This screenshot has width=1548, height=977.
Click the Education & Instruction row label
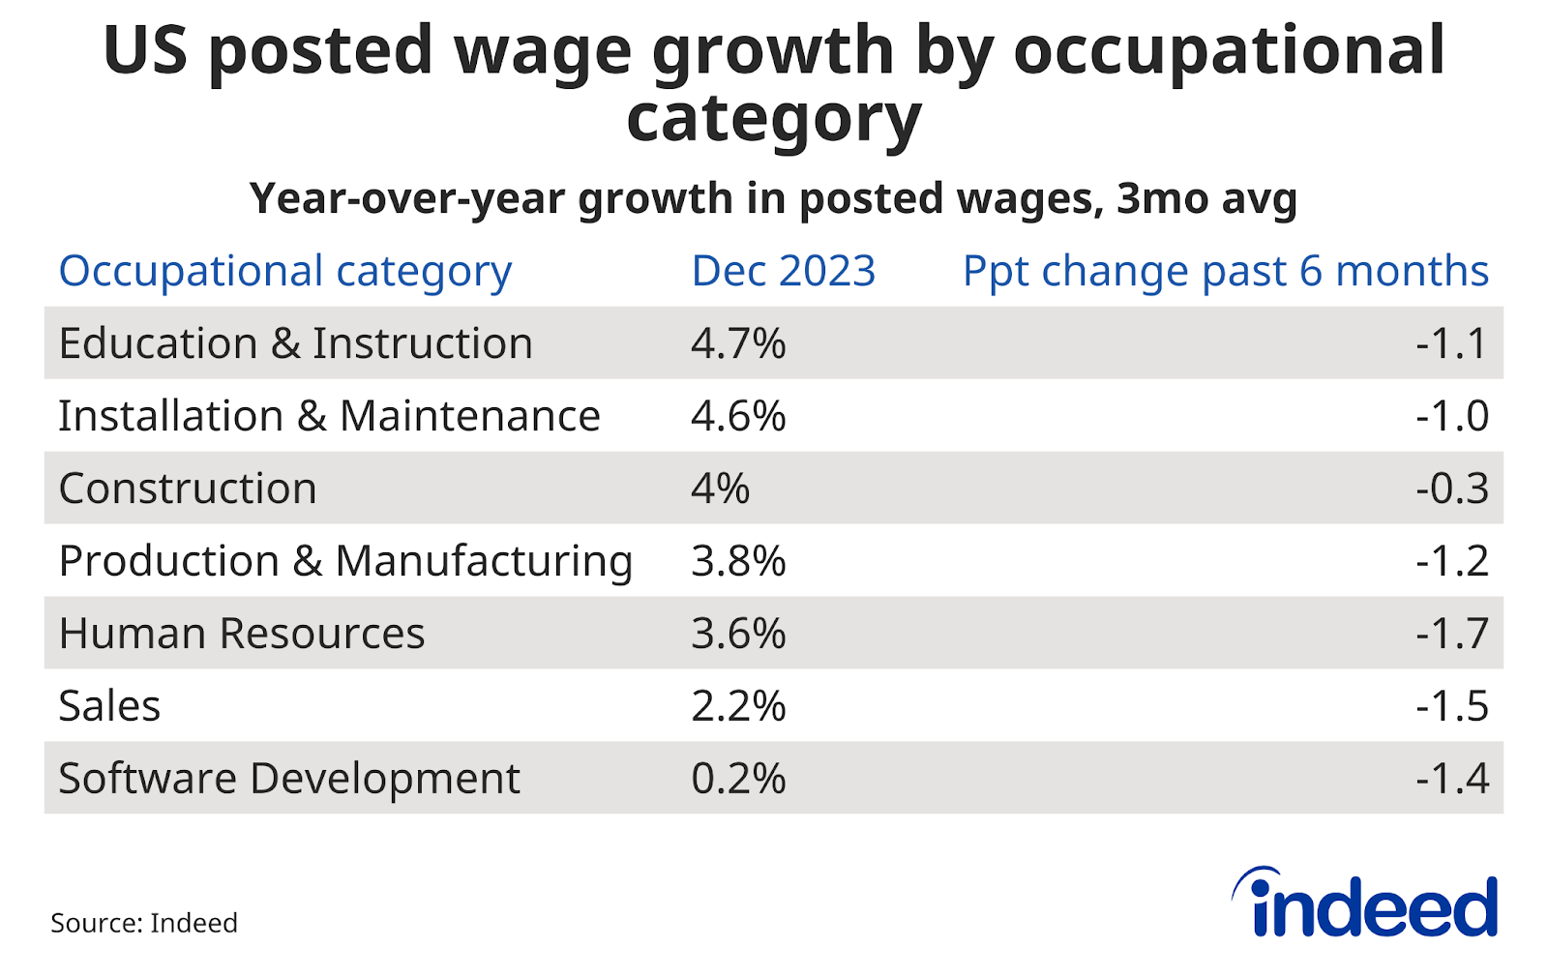coord(295,343)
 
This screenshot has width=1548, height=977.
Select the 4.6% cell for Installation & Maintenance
coord(738,416)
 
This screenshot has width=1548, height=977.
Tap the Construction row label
coord(188,488)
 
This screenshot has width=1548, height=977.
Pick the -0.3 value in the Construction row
coord(1451,488)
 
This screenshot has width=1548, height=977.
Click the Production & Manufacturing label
coord(345,561)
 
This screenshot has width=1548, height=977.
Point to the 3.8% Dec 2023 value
coord(738,561)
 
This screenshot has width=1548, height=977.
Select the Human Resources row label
coord(242,634)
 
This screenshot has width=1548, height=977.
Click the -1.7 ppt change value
coord(1451,634)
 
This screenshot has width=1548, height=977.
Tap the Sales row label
coord(109,706)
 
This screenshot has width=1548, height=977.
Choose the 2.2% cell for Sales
coord(738,706)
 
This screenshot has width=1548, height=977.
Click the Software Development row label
coord(289,779)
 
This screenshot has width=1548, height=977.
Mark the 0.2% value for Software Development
coord(738,779)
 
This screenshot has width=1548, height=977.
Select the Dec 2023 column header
coord(784,271)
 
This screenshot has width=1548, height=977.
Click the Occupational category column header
coord(285,272)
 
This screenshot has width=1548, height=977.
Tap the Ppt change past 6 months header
coord(1225,272)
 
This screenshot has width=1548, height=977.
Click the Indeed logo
coord(1365,903)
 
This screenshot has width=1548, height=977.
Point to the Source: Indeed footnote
coord(144,923)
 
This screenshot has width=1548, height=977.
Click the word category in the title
coord(773,120)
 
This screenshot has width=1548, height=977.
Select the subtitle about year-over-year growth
coord(773,199)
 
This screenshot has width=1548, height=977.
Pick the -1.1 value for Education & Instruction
coord(1451,343)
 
